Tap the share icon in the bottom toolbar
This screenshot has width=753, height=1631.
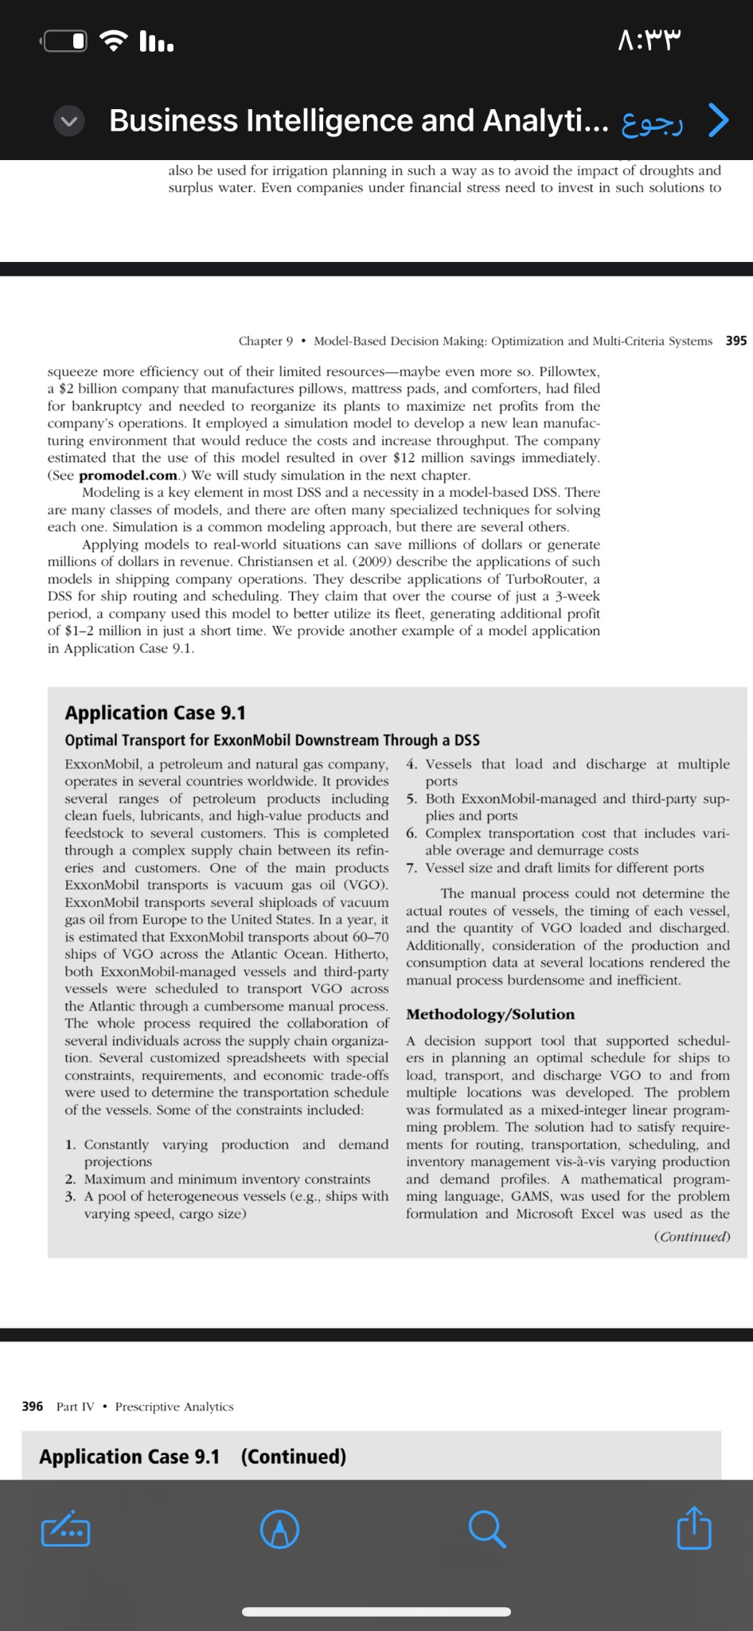(x=693, y=1528)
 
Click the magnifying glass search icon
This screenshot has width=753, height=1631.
(x=486, y=1529)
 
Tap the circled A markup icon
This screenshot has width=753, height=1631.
(x=280, y=1529)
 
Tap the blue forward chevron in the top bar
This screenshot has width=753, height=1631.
(x=718, y=121)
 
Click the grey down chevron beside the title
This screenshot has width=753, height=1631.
(x=70, y=121)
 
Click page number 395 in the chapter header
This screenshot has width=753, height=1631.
(x=735, y=341)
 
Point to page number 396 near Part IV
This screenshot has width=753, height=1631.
(x=33, y=1406)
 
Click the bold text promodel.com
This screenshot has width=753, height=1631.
(x=128, y=475)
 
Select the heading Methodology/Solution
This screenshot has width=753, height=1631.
(x=490, y=1015)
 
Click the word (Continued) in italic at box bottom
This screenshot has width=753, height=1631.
(x=691, y=1237)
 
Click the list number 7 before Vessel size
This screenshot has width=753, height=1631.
(x=411, y=868)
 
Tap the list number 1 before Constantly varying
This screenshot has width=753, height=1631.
(x=70, y=1145)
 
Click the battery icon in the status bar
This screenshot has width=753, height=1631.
(x=66, y=41)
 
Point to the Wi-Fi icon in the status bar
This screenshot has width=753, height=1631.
(x=116, y=40)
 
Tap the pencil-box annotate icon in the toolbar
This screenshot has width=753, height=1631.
(x=65, y=1529)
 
